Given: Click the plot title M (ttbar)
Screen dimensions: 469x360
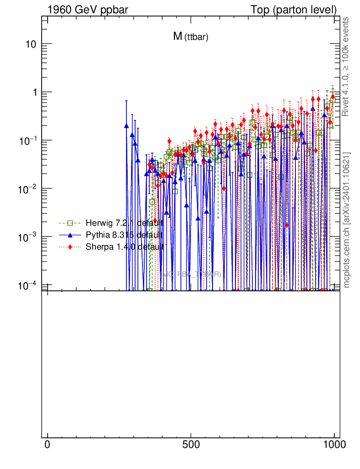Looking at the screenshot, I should [191, 37].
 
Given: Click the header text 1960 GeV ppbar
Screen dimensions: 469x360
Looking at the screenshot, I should [82, 9].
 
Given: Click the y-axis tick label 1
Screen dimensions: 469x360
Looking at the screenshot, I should [33, 92].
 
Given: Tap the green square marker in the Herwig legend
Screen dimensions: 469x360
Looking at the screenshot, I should [70, 223].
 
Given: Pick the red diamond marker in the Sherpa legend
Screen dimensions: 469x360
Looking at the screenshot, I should [70, 247].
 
